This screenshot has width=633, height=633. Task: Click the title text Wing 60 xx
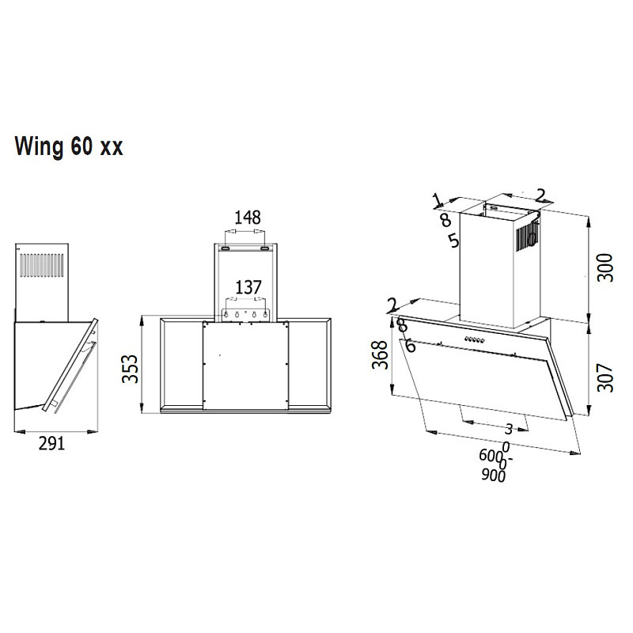[68, 147]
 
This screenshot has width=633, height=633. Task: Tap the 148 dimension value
[247, 217]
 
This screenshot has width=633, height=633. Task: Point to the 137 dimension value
[248, 287]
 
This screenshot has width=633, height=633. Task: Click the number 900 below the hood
[493, 475]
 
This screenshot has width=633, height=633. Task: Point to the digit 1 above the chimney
[436, 199]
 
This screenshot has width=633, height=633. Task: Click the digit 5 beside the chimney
[453, 240]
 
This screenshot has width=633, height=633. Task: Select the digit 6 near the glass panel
[410, 346]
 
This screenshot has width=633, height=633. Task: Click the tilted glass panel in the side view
[71, 364]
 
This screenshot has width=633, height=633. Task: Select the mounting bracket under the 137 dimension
[248, 314]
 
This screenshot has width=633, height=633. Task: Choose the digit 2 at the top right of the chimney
[541, 195]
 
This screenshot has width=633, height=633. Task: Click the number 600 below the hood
[491, 456]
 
